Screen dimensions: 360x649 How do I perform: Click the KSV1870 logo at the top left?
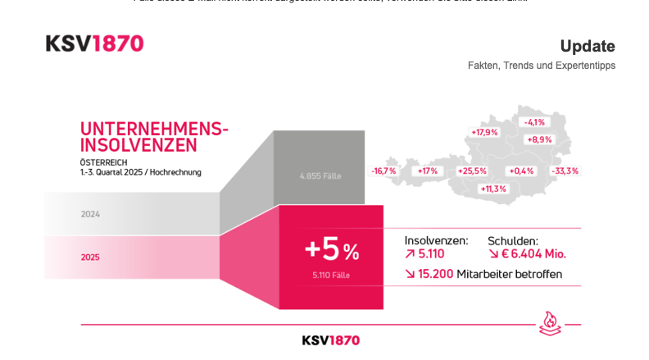(x=94, y=44)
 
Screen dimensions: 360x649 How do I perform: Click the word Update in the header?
(x=587, y=46)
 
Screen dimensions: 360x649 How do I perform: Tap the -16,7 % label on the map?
(x=383, y=171)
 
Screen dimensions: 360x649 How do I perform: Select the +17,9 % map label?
(x=484, y=132)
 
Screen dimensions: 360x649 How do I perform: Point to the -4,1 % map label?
(x=534, y=122)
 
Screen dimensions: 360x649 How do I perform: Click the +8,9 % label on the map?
(x=539, y=139)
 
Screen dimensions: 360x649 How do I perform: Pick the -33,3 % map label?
(x=565, y=171)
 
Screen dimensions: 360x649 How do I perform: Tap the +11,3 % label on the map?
(x=493, y=189)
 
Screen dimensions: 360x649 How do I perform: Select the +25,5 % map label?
(x=472, y=171)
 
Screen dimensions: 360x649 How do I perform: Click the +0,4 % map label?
(x=521, y=171)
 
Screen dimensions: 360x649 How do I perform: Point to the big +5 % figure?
(x=331, y=248)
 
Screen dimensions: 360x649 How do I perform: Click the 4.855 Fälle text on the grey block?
(x=320, y=175)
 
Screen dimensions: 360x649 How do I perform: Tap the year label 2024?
(x=90, y=214)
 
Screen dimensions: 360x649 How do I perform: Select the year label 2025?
(x=90, y=257)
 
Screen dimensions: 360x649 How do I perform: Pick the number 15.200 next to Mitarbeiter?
(x=435, y=274)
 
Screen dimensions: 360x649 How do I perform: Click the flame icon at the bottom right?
(x=550, y=322)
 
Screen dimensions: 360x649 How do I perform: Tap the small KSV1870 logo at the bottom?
(x=330, y=340)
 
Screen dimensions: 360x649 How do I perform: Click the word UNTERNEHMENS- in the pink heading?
(x=154, y=129)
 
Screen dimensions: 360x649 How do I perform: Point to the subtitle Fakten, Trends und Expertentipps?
(x=541, y=66)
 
